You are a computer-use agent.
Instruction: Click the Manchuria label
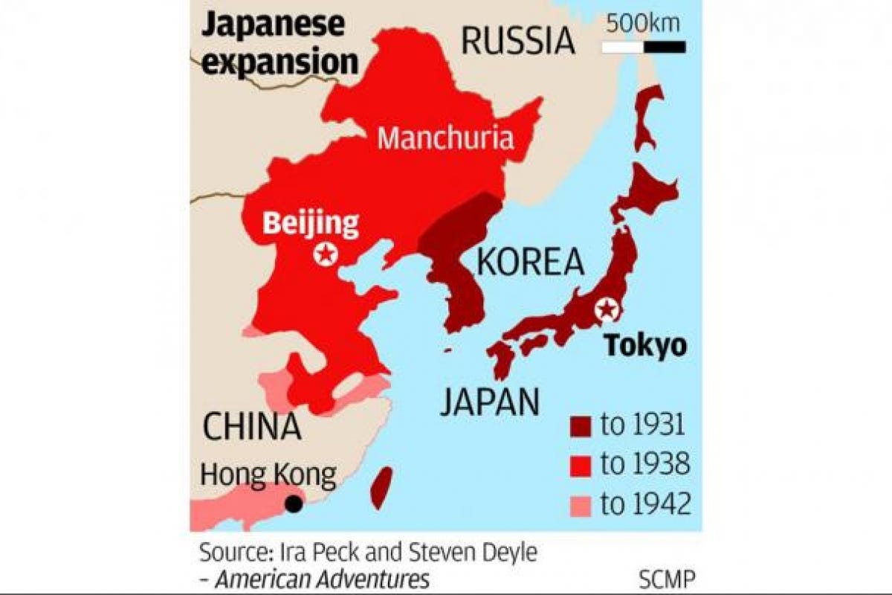(445, 138)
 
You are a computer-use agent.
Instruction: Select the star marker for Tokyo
(608, 308)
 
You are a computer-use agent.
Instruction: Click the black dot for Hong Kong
(294, 504)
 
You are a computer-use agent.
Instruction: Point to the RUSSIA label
(518, 41)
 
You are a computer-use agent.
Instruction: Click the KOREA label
(530, 263)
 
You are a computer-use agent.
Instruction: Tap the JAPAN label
(489, 402)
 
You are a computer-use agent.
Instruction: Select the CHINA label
(253, 428)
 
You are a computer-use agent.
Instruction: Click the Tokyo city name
(644, 346)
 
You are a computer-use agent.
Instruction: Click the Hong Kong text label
(268, 474)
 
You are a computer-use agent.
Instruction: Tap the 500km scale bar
(644, 48)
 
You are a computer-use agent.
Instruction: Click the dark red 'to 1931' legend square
(581, 427)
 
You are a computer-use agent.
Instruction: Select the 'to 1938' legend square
(581, 466)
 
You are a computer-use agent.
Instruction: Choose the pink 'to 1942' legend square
(581, 506)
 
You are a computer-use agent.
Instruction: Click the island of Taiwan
(381, 487)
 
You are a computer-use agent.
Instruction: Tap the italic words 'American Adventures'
(321, 579)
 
